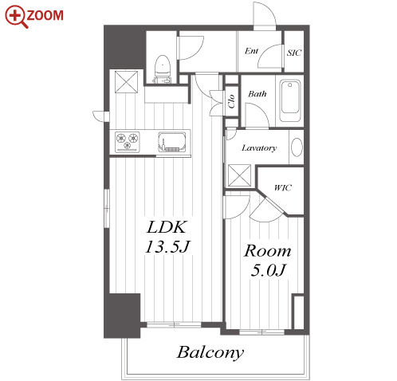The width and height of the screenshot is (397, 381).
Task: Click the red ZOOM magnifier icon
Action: (x=16, y=17)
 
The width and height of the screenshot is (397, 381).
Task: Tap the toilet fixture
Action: (x=162, y=69)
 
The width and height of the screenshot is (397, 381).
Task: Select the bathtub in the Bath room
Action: (x=290, y=101)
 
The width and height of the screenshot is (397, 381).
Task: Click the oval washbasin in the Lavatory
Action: (x=297, y=147)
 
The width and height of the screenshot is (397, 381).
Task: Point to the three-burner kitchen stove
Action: (x=127, y=142)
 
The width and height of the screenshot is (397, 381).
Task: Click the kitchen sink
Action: (x=172, y=142)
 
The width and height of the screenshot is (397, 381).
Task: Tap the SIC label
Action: (x=294, y=53)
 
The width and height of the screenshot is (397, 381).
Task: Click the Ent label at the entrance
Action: (x=251, y=50)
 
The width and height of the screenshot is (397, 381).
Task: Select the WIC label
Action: (x=283, y=187)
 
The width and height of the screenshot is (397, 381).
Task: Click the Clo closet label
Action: (x=231, y=101)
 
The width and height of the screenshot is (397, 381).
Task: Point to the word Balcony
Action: (x=210, y=352)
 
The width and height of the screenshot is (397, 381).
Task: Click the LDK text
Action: (x=167, y=227)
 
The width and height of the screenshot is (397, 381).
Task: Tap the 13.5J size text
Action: (x=167, y=247)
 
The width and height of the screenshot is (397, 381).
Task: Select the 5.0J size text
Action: (x=268, y=270)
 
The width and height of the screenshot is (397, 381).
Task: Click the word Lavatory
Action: (x=259, y=147)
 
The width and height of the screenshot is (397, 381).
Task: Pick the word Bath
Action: (x=257, y=94)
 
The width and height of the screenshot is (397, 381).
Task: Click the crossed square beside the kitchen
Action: (x=126, y=81)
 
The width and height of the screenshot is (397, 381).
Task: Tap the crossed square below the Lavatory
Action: (x=239, y=175)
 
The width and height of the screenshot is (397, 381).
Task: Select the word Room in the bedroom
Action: (x=267, y=251)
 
